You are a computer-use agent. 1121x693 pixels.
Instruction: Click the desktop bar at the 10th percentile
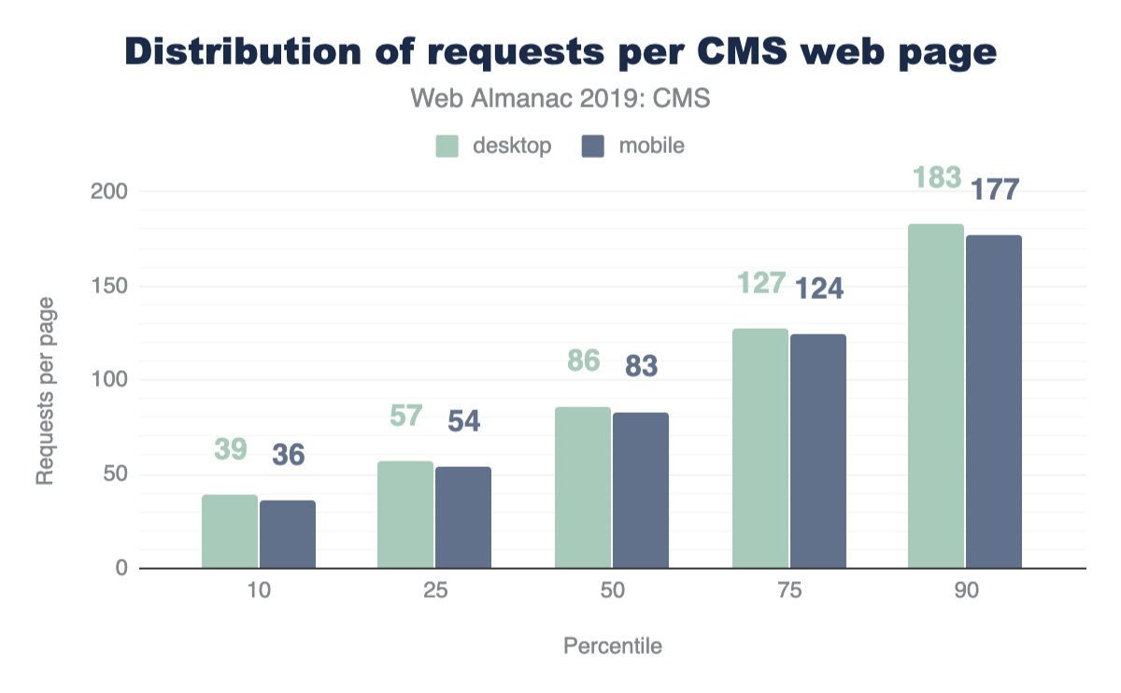(x=230, y=531)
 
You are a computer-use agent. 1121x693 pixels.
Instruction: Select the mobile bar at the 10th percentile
(x=288, y=534)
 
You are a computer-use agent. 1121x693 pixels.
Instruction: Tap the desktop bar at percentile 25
(x=405, y=515)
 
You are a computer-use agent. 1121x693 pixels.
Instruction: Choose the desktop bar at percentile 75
(x=760, y=448)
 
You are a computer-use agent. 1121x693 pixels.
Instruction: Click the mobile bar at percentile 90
(x=994, y=402)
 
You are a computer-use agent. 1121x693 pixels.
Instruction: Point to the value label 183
(x=937, y=177)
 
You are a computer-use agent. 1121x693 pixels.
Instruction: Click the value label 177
(x=993, y=190)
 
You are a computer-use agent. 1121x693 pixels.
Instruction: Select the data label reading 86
(x=583, y=360)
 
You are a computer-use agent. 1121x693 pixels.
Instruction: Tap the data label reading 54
(x=464, y=421)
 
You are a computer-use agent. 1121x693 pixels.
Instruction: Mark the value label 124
(x=818, y=289)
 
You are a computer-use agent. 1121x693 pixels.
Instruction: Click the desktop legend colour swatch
(x=447, y=147)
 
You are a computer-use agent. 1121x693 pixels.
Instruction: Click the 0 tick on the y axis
(x=121, y=568)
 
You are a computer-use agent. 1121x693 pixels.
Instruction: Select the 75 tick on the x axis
(x=789, y=592)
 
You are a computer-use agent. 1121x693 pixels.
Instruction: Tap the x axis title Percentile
(x=613, y=646)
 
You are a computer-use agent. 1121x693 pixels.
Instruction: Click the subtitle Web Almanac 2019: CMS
(x=560, y=98)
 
